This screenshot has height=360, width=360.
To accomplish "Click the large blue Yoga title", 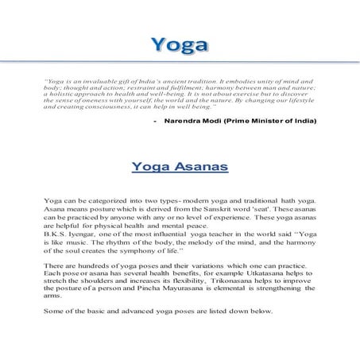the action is [180, 44].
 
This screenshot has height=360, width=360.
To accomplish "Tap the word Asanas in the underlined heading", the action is [203, 168].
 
